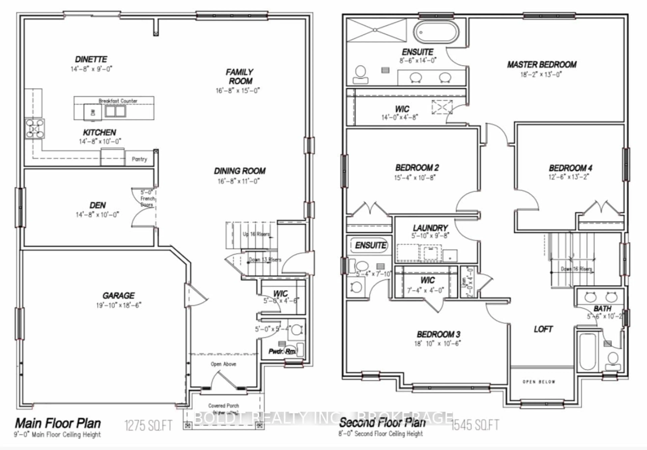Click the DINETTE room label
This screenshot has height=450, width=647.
click(x=91, y=59)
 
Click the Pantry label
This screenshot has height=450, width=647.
click(x=139, y=159)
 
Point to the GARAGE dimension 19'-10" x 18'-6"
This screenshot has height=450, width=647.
click(x=119, y=305)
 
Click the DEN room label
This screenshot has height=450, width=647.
click(x=98, y=205)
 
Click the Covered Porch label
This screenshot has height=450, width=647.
click(x=223, y=406)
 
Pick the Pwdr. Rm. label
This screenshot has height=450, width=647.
click(x=282, y=351)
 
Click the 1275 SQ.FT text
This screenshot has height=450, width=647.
click(x=148, y=425)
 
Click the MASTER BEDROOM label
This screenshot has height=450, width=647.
click(x=542, y=65)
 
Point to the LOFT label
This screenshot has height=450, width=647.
click(x=543, y=329)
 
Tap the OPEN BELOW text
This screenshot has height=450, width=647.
click(x=539, y=382)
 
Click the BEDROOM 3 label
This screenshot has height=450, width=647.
click(x=438, y=334)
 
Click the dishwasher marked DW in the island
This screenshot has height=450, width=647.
click(x=93, y=112)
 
